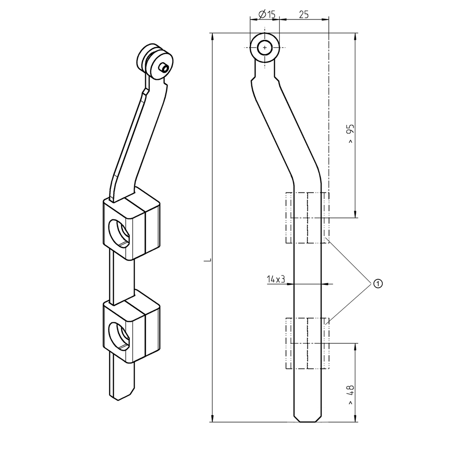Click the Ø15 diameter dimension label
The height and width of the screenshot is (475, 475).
(x=265, y=15)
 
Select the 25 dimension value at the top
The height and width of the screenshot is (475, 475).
(x=304, y=15)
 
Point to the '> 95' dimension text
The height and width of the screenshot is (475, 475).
(x=351, y=134)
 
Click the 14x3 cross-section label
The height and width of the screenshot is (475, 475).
(x=276, y=279)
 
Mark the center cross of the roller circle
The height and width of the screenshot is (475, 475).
(x=265, y=48)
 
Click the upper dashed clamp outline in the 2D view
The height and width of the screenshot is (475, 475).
(x=308, y=218)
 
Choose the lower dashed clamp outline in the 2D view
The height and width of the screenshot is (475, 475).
(x=308, y=343)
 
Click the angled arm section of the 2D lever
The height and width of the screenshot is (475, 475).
(x=283, y=130)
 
